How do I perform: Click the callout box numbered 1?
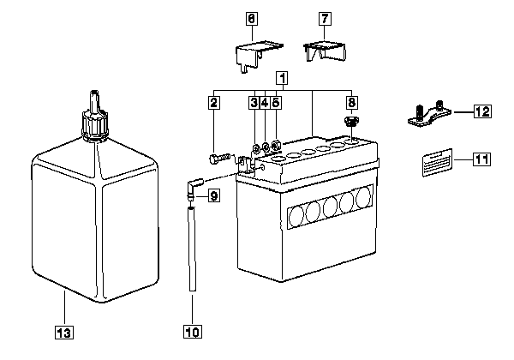point(282,78)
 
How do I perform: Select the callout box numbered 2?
point(213,103)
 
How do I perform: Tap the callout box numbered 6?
point(251,19)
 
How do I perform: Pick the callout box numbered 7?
point(325,19)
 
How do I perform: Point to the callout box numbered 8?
point(351,103)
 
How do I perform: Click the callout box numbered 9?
point(213,196)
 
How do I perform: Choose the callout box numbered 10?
point(193,332)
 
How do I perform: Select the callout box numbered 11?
point(481,159)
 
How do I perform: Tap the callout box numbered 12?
point(482,111)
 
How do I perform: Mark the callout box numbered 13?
point(64,333)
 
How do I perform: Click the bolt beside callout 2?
point(220,159)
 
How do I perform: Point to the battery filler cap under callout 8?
point(351,122)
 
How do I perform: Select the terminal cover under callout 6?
point(259,55)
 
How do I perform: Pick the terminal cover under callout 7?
point(326,51)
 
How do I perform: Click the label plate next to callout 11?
point(437,163)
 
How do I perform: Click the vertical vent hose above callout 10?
point(193,249)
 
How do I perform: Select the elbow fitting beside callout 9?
point(193,188)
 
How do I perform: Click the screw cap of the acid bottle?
point(95,126)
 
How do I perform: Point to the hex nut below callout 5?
point(276,145)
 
